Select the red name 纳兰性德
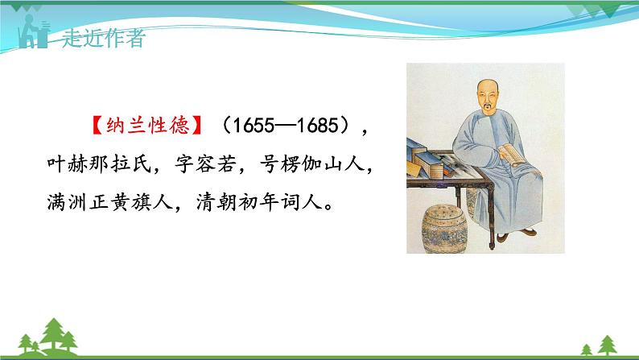coord(146,127)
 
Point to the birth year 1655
coord(247,127)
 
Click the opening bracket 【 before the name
coord(93,127)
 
